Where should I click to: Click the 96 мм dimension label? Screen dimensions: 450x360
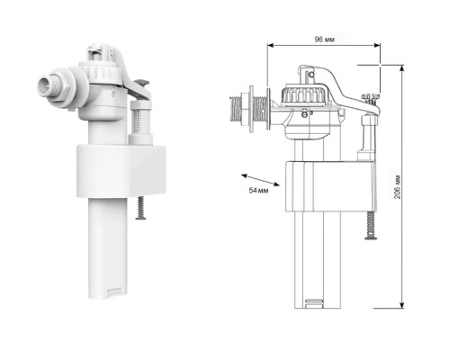[324, 39]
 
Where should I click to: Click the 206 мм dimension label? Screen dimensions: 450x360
[397, 186]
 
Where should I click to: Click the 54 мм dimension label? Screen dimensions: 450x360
[258, 190]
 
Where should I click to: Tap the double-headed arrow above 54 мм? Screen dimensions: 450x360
[260, 180]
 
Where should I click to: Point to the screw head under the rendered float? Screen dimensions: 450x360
[140, 217]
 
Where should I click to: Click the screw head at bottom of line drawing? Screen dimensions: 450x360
[371, 238]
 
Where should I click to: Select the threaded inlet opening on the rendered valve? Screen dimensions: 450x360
[44, 85]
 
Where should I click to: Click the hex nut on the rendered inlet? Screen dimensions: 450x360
[63, 89]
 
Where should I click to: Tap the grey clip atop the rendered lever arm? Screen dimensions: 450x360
[142, 82]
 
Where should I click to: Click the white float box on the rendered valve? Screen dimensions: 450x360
[121, 171]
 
